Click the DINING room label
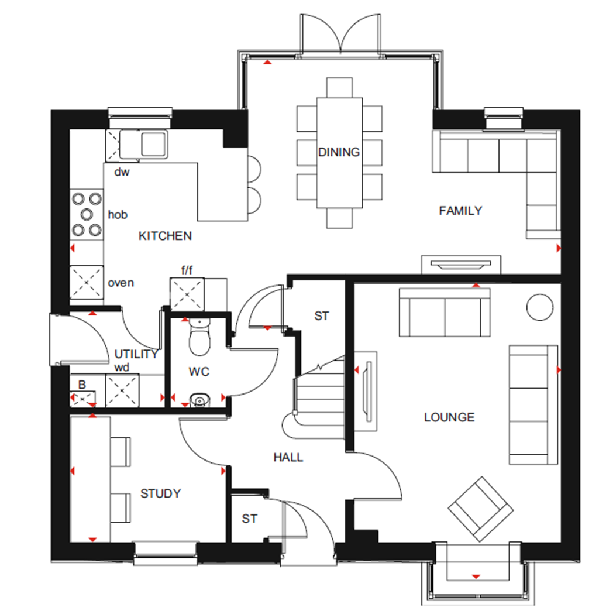[339, 152]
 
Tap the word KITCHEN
[165, 236]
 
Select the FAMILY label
[460, 211]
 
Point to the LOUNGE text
[449, 417]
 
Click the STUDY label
[160, 493]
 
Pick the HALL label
[288, 457]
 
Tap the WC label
[199, 371]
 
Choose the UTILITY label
[136, 354]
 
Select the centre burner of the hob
[87, 214]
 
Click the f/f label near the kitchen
[187, 270]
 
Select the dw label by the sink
[121, 172]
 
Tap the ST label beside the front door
[250, 519]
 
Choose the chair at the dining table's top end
[340, 87]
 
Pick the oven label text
[121, 283]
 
